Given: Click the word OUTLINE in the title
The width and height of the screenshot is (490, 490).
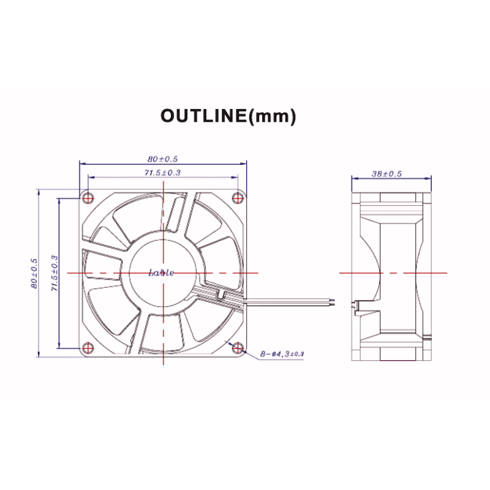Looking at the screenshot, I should [x=202, y=116].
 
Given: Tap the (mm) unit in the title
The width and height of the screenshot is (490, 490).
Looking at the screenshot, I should [x=273, y=116].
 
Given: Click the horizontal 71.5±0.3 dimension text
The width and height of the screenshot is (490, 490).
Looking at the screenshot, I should [x=162, y=173].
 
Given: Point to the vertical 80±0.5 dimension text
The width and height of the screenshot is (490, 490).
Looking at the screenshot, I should [x=34, y=273].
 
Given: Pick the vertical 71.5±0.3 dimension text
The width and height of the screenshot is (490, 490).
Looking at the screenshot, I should [x=54, y=273].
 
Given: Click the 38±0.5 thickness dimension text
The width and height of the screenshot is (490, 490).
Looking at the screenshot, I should [x=386, y=173].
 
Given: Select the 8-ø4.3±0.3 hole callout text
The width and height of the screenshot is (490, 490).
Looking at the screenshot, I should [x=282, y=354].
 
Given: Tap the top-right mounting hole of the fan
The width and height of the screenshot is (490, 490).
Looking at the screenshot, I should [x=239, y=197].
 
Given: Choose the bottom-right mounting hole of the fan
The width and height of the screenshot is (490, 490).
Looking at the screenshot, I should [x=239, y=349].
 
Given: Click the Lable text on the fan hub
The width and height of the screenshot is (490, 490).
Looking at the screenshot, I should [x=162, y=273].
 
